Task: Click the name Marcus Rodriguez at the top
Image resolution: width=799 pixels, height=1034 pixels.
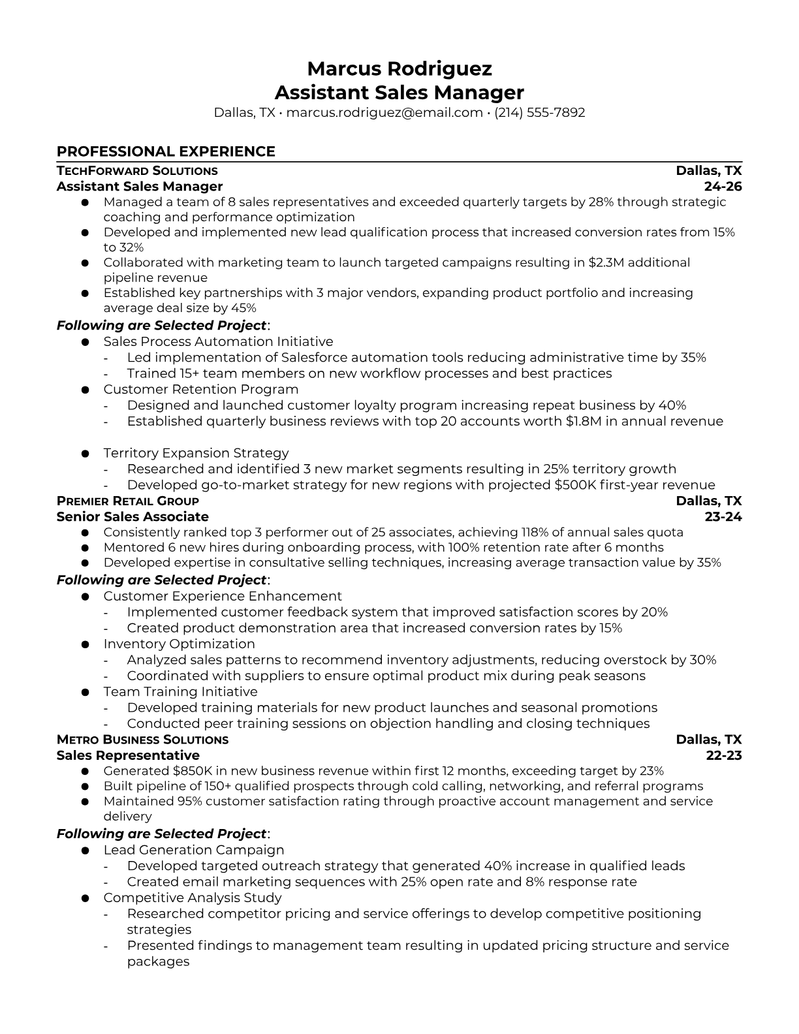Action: point(399,69)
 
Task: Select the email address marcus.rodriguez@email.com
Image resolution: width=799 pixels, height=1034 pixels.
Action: point(384,112)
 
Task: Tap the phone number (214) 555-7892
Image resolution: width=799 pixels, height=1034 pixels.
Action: point(539,112)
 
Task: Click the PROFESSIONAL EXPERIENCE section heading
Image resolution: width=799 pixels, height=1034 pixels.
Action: point(166,151)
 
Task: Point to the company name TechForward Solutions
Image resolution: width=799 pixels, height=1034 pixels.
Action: point(137,171)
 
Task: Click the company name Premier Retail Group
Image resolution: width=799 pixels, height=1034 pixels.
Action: point(128,501)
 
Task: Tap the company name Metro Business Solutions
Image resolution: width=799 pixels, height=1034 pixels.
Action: point(142,740)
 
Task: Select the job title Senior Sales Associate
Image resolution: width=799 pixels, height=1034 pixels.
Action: point(133,517)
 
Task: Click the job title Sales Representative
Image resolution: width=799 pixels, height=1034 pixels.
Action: point(128,755)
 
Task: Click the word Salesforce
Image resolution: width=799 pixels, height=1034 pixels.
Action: point(313,357)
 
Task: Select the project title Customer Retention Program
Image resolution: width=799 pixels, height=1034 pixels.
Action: point(200,389)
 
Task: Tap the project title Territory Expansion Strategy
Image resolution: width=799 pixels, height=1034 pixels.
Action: point(196,453)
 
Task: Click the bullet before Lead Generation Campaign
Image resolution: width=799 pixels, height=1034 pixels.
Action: point(85,851)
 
